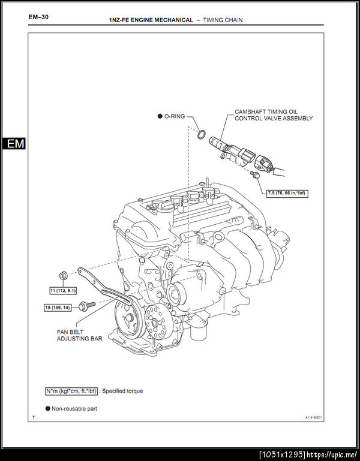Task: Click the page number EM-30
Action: click(x=38, y=17)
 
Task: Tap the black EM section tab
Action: click(x=13, y=144)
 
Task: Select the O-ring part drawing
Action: click(x=203, y=133)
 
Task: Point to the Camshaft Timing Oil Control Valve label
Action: click(x=274, y=115)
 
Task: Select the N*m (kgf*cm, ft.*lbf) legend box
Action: click(x=71, y=391)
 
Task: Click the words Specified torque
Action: click(x=122, y=391)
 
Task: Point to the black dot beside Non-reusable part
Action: click(x=47, y=408)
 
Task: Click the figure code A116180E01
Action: click(x=313, y=418)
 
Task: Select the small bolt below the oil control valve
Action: click(x=255, y=174)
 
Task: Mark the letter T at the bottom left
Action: click(x=34, y=417)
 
